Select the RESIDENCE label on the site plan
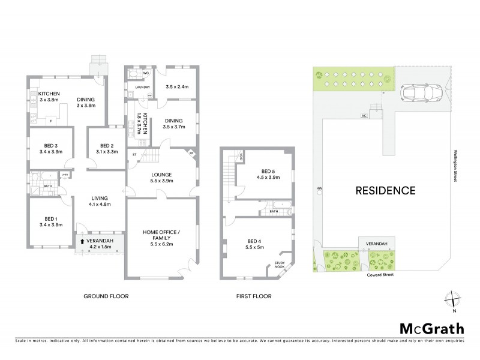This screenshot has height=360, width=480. click(386, 191)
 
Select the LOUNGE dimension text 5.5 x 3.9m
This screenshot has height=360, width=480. click(161, 181)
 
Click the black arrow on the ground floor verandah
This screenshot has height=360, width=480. click(82, 241)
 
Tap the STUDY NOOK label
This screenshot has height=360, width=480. click(280, 265)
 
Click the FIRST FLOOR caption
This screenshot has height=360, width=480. click(254, 296)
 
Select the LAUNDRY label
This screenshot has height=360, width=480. click(142, 87)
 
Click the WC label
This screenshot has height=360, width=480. click(146, 73)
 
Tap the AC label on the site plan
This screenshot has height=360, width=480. click(364, 115)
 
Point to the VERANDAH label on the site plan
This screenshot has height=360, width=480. click(378, 243)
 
